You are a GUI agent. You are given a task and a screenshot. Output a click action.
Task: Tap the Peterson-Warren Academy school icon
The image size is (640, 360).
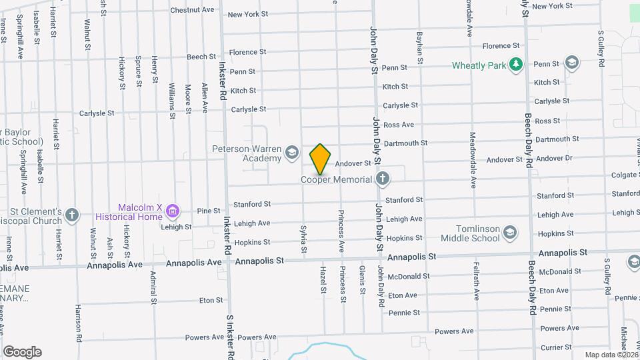(291, 153)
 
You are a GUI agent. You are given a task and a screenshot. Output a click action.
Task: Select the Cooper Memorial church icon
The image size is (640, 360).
(382, 179)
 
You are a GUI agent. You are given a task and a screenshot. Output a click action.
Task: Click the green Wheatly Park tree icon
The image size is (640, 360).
(515, 65)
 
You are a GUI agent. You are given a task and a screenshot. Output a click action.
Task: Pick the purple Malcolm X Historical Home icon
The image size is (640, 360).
(173, 211)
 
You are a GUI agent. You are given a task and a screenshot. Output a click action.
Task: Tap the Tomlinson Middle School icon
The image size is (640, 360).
(510, 233)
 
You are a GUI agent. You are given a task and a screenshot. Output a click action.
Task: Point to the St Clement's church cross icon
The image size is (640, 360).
(72, 216)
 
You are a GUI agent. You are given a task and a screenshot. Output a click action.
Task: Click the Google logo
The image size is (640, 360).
(22, 352)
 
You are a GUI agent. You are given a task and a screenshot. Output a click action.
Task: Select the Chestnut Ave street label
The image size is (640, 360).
(192, 10)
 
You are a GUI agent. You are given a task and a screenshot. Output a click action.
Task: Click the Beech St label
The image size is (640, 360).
(202, 57)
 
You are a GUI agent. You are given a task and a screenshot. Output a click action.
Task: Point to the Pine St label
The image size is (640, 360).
(209, 211)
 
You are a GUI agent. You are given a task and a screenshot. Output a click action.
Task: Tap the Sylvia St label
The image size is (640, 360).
(303, 237)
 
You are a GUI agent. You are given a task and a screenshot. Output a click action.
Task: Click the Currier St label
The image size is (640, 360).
(551, 347)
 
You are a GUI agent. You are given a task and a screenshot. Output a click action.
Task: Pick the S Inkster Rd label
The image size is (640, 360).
(230, 337)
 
